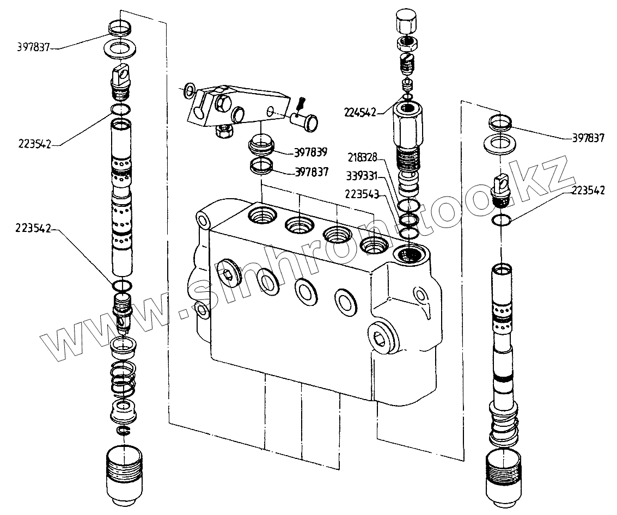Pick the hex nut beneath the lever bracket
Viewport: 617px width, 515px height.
click(223, 131)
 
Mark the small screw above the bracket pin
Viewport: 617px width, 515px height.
click(302, 101)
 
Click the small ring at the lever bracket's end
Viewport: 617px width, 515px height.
click(188, 89)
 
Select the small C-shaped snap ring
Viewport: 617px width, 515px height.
click(124, 431)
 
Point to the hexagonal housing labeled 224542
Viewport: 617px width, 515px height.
click(407, 125)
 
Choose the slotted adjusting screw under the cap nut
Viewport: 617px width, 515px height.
click(408, 65)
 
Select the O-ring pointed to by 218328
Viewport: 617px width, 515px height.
click(409, 206)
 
